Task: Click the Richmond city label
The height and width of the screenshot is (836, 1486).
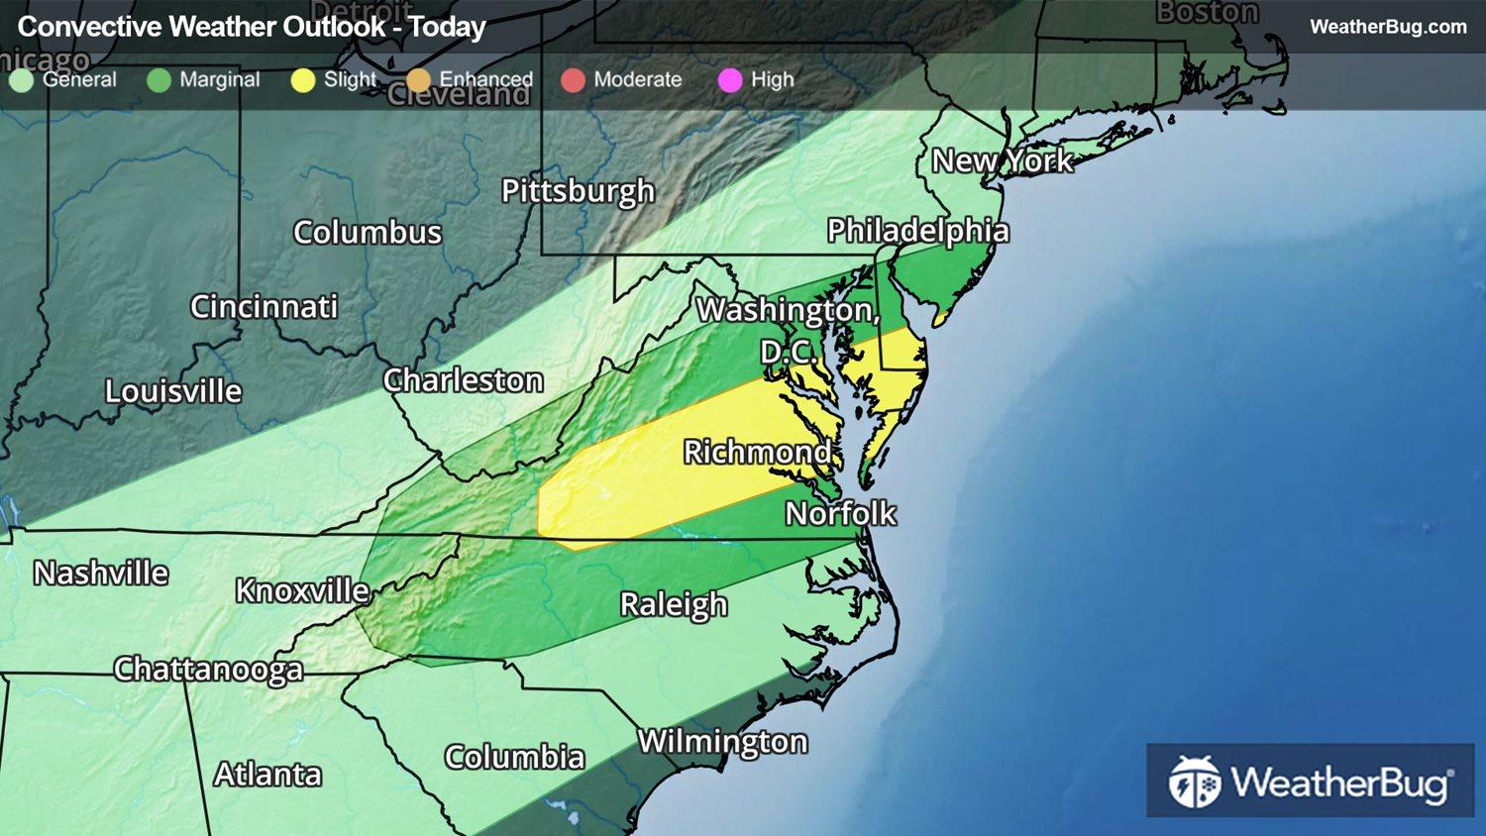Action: (x=758, y=453)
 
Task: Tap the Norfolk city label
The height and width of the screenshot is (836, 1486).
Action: (x=840, y=513)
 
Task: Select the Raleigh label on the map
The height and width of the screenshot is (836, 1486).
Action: (x=674, y=604)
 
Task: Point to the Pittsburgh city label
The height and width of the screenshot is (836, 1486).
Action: (x=578, y=190)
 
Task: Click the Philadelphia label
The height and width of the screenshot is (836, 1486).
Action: (x=917, y=231)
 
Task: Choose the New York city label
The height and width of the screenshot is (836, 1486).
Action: (x=1002, y=160)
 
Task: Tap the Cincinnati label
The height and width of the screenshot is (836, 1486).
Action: (x=264, y=307)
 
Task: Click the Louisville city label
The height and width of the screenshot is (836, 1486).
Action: (x=173, y=391)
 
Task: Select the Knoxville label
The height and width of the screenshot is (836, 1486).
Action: (x=302, y=591)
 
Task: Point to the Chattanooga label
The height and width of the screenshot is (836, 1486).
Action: (x=208, y=670)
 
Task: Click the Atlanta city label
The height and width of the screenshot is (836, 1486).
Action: (x=267, y=775)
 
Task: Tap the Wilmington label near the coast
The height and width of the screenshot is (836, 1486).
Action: (x=722, y=742)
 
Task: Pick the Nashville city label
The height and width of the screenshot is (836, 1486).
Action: (x=101, y=574)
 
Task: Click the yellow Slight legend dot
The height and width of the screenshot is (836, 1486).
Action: (x=302, y=80)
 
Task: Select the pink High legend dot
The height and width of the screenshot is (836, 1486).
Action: (x=730, y=80)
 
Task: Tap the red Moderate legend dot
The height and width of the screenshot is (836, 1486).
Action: (x=573, y=80)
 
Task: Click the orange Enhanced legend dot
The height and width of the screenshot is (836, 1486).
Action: (x=419, y=80)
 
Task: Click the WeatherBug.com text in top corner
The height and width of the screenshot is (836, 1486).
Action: (x=1388, y=27)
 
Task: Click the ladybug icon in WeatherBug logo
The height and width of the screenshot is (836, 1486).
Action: (x=1194, y=782)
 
